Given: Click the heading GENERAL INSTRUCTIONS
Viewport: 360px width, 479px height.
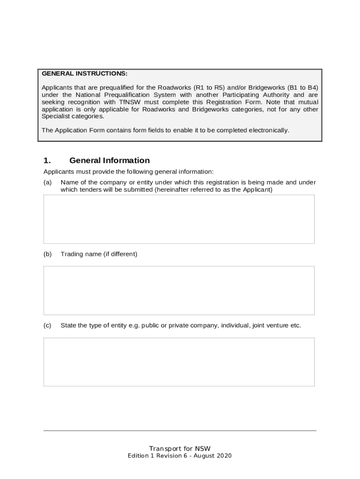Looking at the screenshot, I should pyautogui.click(x=84, y=74).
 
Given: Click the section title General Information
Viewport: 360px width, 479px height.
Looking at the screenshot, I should pyautogui.click(x=109, y=160).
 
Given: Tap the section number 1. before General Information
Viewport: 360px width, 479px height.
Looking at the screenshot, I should pyautogui.click(x=47, y=160).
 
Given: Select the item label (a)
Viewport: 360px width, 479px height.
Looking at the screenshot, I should pyautogui.click(x=47, y=182).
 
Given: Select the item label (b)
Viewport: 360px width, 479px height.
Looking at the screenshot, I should pyautogui.click(x=47, y=254).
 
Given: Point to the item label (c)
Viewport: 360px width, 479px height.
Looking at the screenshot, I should pyautogui.click(x=47, y=326).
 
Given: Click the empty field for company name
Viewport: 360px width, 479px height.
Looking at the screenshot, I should pyautogui.click(x=179, y=219).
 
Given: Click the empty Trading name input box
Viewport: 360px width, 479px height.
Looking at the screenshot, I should pyautogui.click(x=179, y=290).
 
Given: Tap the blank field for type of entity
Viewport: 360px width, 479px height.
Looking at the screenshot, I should pyautogui.click(x=179, y=362).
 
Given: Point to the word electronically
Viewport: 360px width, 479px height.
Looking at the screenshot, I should pyautogui.click(x=267, y=130).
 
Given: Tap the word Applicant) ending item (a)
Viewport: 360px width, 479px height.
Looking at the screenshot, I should pyautogui.click(x=257, y=190).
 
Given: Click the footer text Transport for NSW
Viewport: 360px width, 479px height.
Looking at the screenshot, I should pyautogui.click(x=180, y=449).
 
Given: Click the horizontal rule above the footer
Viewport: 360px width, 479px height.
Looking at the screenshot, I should pyautogui.click(x=180, y=430).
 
